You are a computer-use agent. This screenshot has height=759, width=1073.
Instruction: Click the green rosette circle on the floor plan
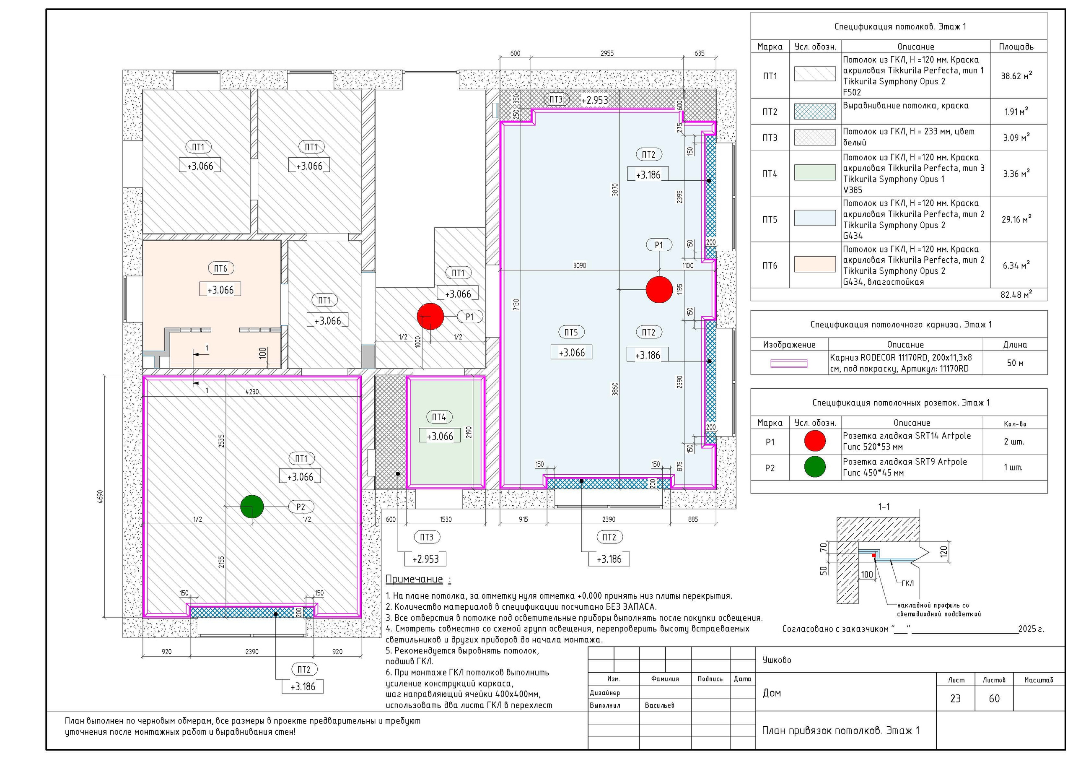coord(252,507)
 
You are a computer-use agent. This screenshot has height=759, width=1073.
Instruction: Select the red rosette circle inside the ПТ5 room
coord(659,289)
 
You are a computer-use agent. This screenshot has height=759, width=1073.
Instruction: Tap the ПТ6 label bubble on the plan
coord(220,268)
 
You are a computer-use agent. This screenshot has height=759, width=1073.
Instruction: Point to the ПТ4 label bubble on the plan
coord(439,417)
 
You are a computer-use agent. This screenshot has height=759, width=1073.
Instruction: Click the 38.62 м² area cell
coord(1016,76)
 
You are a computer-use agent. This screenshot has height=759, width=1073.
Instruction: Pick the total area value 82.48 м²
coord(1016,295)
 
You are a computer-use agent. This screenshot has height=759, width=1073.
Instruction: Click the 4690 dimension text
coord(100,496)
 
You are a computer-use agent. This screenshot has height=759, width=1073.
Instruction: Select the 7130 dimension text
coord(516,306)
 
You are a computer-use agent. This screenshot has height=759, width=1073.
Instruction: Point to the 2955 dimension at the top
coord(607,53)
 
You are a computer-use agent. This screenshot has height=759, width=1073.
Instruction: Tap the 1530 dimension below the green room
coord(446,519)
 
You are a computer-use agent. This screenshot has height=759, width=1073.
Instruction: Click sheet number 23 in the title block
coord(955,699)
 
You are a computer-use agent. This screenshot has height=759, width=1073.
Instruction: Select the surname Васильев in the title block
coord(659,705)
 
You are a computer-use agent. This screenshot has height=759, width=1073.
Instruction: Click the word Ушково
coord(777,660)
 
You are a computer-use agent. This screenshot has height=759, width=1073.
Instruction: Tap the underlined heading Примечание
coord(414,580)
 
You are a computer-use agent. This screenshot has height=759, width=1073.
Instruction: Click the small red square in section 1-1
coord(873,555)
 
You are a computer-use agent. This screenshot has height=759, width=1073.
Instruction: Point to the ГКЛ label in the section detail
coord(907,583)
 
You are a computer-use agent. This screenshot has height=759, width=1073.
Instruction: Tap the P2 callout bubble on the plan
coord(301,507)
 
